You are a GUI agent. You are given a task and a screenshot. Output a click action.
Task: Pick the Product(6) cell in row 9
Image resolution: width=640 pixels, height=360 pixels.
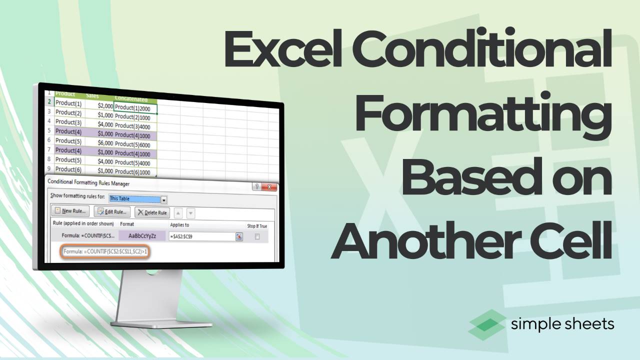point(69,169)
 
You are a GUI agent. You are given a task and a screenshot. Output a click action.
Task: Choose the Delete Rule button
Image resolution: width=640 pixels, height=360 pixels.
point(153,212)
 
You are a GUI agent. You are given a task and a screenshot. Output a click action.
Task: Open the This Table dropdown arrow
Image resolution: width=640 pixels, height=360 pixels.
point(164,199)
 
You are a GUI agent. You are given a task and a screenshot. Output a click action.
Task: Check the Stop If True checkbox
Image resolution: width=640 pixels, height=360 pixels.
point(257,237)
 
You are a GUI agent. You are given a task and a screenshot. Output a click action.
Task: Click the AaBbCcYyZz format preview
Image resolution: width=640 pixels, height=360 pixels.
point(142,235)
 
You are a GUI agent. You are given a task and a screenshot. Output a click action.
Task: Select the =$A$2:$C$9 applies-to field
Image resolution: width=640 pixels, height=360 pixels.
point(202,236)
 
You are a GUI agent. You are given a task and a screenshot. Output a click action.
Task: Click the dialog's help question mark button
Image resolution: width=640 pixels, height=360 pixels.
point(257,187)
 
